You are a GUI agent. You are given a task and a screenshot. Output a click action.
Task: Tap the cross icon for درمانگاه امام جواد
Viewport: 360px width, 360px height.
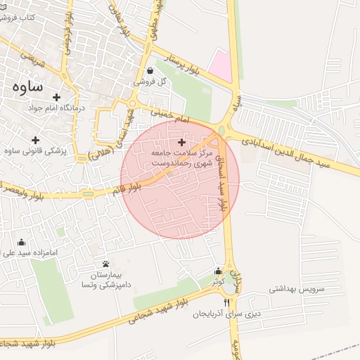click(57, 97)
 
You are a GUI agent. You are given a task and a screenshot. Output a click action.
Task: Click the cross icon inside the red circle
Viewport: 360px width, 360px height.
click(181, 142)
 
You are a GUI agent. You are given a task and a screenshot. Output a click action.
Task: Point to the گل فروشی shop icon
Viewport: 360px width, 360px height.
click(151, 70)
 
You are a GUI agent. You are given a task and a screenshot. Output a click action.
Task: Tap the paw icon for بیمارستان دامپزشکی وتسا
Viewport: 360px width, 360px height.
click(105, 263)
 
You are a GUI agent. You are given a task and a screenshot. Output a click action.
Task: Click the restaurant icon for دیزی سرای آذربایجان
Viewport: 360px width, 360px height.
click(226, 303)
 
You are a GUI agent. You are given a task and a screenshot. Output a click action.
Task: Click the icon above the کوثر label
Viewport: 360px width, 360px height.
click(218, 271)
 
